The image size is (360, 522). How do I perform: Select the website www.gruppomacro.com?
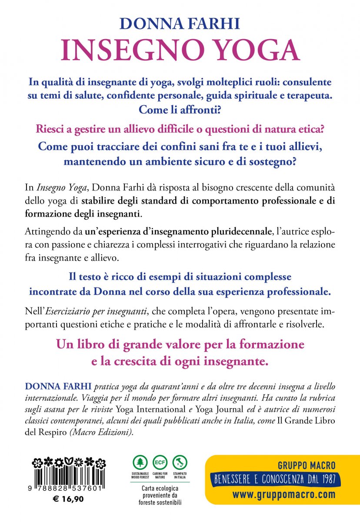pos(283,495)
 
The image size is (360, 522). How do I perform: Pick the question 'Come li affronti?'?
pos(180,109)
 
